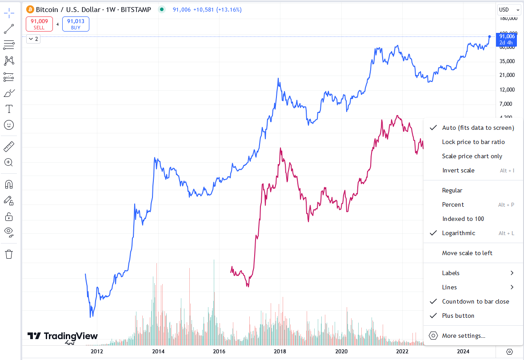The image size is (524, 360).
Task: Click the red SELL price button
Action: [39, 24]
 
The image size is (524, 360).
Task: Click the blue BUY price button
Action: [76, 24]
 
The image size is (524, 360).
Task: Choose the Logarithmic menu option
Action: [458, 233]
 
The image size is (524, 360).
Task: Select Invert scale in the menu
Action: [458, 170]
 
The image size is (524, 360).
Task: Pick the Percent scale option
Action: [453, 204]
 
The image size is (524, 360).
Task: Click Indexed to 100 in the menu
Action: [463, 219]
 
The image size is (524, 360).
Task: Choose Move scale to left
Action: [467, 253]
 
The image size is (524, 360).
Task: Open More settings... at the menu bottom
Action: [464, 336]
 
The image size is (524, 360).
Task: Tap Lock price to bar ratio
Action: [473, 142]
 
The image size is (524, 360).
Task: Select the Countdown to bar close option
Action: [476, 301]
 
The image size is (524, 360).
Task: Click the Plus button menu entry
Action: [458, 316]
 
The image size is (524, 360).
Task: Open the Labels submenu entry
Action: [451, 273]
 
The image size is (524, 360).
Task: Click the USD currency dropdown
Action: [508, 9]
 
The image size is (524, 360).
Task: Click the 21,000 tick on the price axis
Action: [507, 75]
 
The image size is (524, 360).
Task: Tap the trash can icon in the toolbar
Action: [9, 254]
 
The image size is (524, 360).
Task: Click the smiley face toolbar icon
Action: [9, 125]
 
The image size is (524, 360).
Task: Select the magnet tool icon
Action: [9, 184]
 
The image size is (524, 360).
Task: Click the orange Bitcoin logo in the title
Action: [30, 9]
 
